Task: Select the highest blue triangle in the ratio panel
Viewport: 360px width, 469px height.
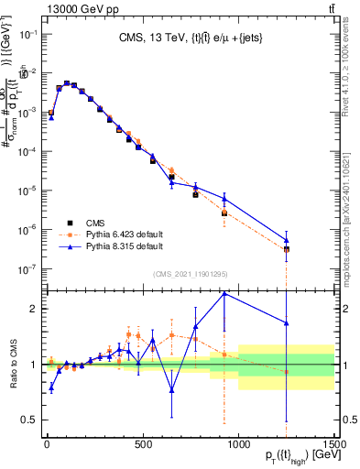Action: coord(224,293)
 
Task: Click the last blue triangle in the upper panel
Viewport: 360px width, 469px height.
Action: coord(287,241)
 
